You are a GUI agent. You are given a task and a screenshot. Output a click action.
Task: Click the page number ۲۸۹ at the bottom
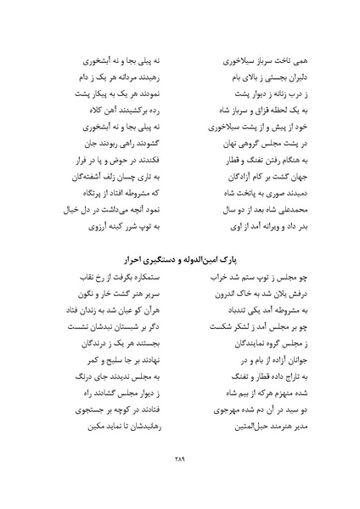(179, 458)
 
